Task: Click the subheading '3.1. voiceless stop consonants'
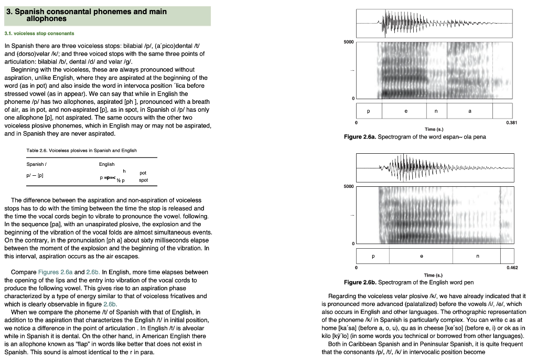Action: [x=39, y=34]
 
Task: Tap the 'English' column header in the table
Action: [x=108, y=164]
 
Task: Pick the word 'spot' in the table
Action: [x=143, y=180]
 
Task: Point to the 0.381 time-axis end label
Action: [x=511, y=122]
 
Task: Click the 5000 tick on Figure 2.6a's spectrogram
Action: [x=349, y=42]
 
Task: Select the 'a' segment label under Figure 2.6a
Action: [x=469, y=111]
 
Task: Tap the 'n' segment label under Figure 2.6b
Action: [x=477, y=257]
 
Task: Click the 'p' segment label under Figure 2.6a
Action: [x=368, y=111]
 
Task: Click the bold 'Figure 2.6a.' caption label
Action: [x=360, y=137]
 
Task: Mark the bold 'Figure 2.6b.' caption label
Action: [x=360, y=282]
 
